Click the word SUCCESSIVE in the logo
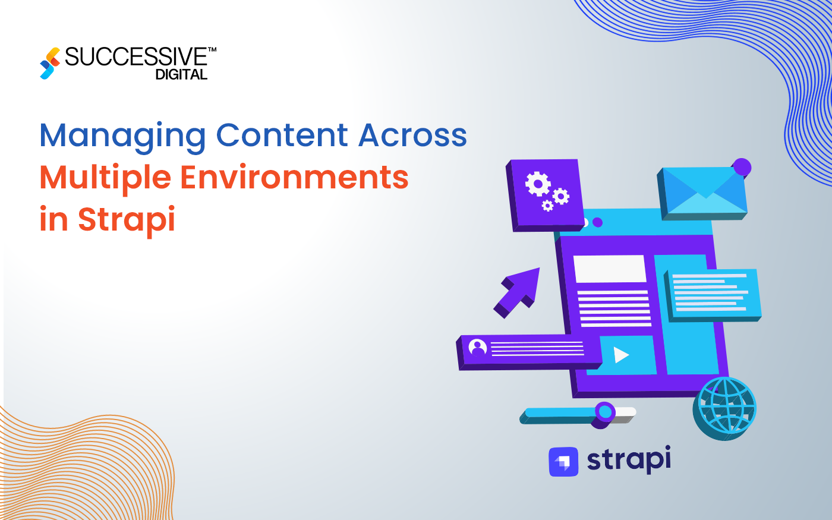pos(136,57)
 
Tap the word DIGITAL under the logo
pos(181,75)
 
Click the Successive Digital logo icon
pos(50,63)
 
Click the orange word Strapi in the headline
pos(126,219)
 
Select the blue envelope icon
pos(702,192)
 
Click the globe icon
pos(726,407)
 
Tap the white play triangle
pos(621,355)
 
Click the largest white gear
pos(538,184)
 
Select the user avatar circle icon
pos(477,348)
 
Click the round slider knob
pos(605,411)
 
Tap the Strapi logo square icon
pos(563,462)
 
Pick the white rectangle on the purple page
pos(609,269)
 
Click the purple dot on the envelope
pos(742,168)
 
